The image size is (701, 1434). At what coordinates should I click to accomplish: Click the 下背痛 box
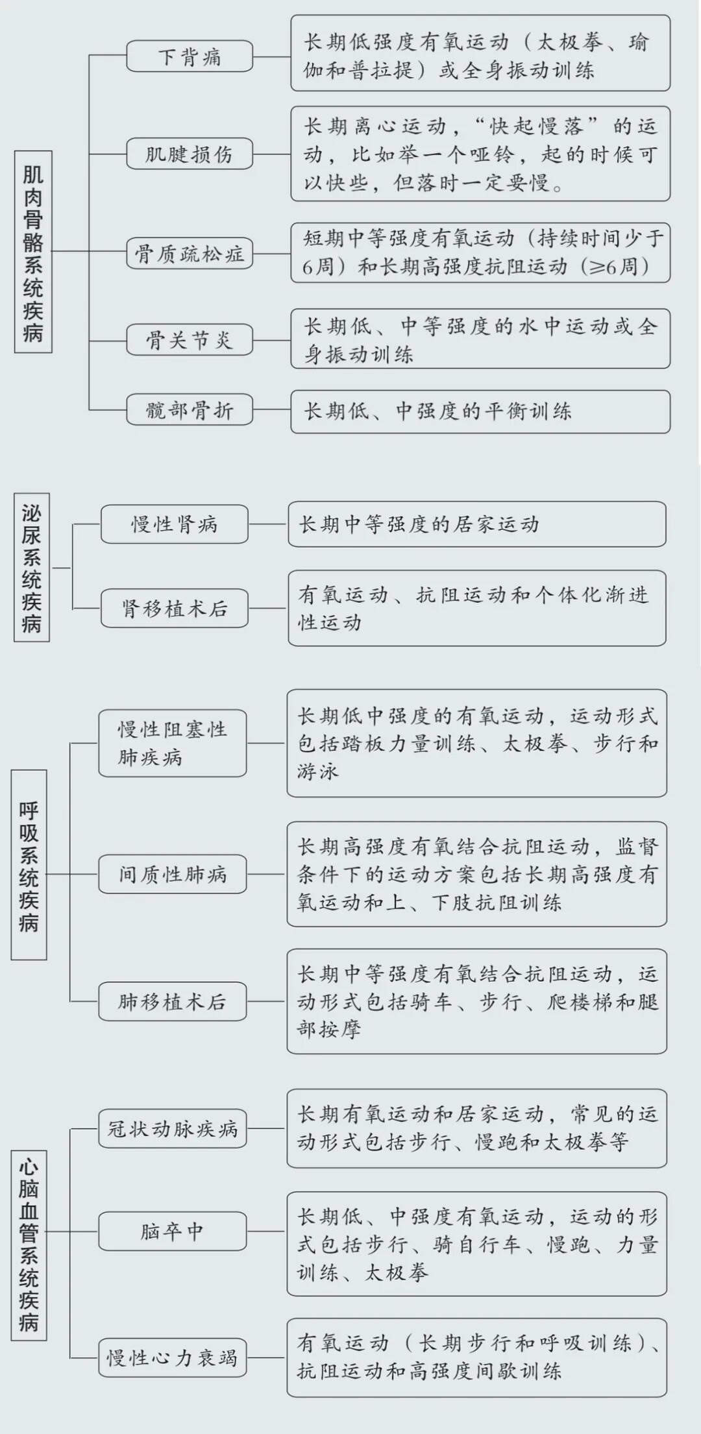pyautogui.click(x=189, y=56)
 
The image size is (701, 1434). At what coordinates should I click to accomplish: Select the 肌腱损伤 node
pyautogui.click(x=189, y=154)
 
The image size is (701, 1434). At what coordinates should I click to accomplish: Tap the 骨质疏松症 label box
pyautogui.click(x=189, y=253)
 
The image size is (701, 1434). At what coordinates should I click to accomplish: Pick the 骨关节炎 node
pyautogui.click(x=189, y=339)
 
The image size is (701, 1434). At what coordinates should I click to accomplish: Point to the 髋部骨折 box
pyautogui.click(x=189, y=409)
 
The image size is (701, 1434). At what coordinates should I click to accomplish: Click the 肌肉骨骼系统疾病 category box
pyautogui.click(x=33, y=252)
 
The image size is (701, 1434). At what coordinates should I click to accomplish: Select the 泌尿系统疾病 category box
pyautogui.click(x=32, y=567)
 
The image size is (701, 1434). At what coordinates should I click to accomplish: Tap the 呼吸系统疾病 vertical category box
pyautogui.click(x=29, y=864)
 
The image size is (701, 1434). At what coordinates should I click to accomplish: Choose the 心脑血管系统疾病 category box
pyautogui.click(x=29, y=1245)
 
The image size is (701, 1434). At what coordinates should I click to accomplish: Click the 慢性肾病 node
pyautogui.click(x=174, y=524)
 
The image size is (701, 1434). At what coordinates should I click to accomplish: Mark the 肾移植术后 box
pyautogui.click(x=174, y=608)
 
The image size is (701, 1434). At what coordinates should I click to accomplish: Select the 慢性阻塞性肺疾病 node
pyautogui.click(x=172, y=743)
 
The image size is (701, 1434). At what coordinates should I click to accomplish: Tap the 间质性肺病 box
pyautogui.click(x=172, y=874)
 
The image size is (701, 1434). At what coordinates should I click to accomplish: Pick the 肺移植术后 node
pyautogui.click(x=172, y=1002)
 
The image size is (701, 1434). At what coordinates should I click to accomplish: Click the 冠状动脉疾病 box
pyautogui.click(x=172, y=1128)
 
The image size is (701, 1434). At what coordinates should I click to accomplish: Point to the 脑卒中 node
pyautogui.click(x=172, y=1231)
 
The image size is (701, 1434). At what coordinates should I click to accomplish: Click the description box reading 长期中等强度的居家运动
pyautogui.click(x=476, y=524)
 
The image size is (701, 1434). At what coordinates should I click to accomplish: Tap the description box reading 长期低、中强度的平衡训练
pyautogui.click(x=480, y=411)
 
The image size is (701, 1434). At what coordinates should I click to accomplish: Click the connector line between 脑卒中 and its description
pyautogui.click(x=266, y=1231)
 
